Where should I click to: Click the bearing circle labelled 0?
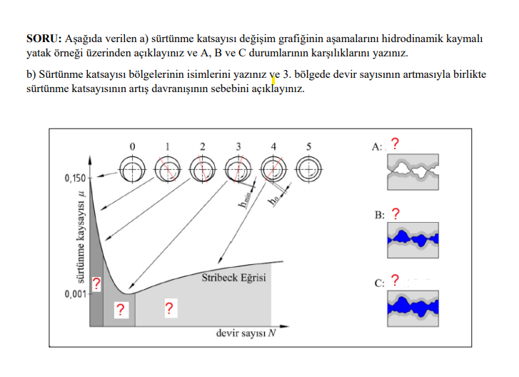(x=132, y=170)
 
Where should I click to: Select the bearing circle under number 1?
(x=167, y=170)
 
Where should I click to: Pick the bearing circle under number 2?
(x=202, y=170)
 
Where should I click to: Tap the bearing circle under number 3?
(x=238, y=170)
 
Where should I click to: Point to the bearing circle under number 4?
(x=273, y=170)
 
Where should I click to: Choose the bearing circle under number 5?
(x=308, y=170)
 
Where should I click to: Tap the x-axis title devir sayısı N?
(x=246, y=333)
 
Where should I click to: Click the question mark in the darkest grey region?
(x=96, y=284)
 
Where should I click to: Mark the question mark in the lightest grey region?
(x=169, y=308)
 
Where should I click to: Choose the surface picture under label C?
(x=412, y=308)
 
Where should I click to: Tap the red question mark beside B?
(x=395, y=213)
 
